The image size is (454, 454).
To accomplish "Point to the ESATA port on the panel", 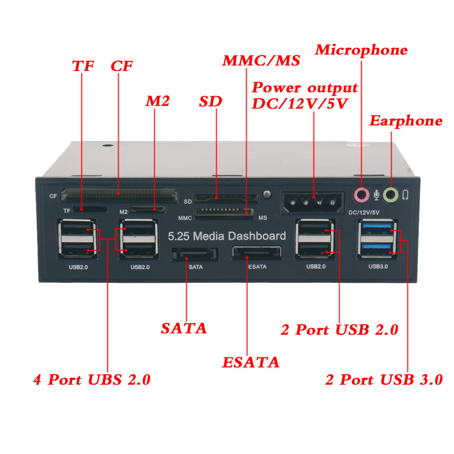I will (257, 253).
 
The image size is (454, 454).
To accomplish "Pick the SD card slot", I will (225, 198).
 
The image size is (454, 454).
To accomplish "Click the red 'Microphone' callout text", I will (361, 50).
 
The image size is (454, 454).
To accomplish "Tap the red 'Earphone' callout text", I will (405, 121).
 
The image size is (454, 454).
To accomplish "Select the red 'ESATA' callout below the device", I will (250, 362).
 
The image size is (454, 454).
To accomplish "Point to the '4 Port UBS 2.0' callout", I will (92, 379).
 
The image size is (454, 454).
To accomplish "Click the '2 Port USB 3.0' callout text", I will (384, 379).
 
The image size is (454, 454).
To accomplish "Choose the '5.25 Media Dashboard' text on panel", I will (227, 236).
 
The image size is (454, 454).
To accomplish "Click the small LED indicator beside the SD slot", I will (267, 194).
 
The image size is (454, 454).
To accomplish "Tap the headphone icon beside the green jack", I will (405, 195).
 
